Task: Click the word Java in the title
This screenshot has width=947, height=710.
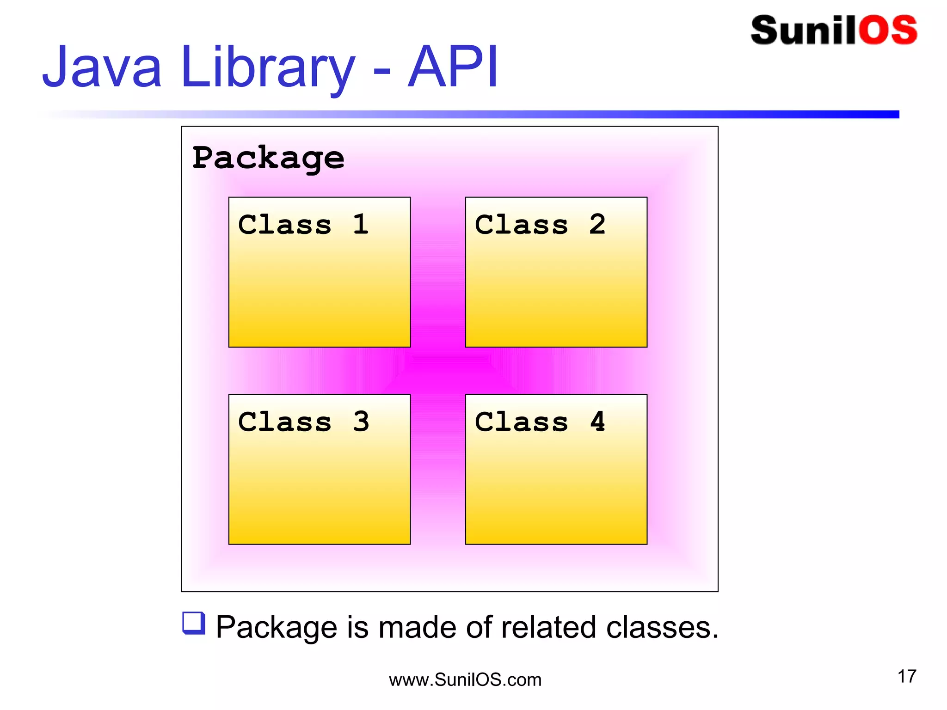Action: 102,67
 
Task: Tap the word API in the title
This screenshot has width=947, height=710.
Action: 453,67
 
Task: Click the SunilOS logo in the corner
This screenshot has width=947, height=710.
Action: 834,31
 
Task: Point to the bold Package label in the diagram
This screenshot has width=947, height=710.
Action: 268,159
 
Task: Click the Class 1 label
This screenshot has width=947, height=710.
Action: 303,225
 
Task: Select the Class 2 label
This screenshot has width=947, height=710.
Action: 540,225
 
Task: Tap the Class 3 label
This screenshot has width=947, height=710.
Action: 303,422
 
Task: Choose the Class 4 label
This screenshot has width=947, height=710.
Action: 540,422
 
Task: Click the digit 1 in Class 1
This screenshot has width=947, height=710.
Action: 361,225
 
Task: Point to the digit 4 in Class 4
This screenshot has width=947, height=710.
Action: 597,422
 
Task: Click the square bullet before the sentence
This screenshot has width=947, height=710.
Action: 194,623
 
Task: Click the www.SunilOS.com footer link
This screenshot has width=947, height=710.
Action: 465,680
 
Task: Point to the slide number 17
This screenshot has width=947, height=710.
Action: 907,677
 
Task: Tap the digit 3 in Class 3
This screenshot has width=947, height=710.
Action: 361,422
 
